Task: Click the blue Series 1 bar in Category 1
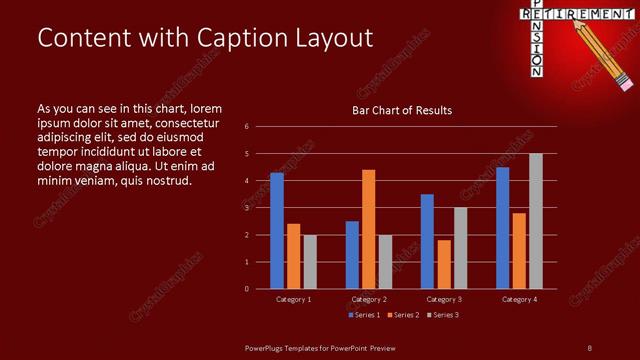tap(277, 231)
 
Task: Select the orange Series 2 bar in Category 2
tap(369, 229)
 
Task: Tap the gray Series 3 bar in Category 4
tap(536, 221)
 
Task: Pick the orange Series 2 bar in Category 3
tap(444, 264)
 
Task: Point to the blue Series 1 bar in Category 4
tap(503, 228)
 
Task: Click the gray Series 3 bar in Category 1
tap(310, 262)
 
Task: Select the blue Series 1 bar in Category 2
tap(352, 255)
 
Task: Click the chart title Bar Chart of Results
tap(402, 110)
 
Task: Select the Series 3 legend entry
tap(443, 315)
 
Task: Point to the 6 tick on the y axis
tap(247, 127)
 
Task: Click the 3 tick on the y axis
tap(247, 208)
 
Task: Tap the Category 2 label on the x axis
tap(368, 299)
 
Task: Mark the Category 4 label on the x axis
tap(519, 299)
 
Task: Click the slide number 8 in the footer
tap(589, 347)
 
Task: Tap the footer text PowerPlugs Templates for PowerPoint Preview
tap(321, 347)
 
